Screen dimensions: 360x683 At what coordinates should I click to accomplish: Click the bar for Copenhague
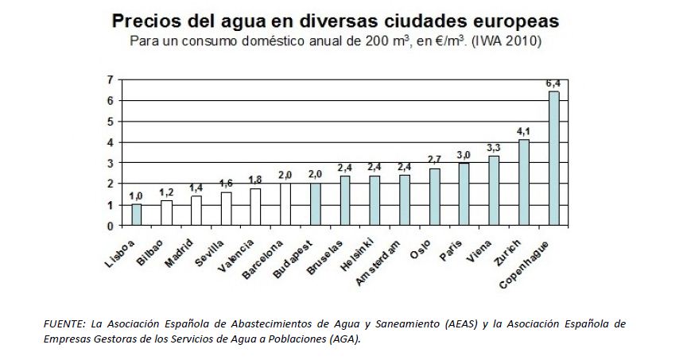pos(554,158)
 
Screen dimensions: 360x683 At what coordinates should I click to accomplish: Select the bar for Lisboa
pos(137,215)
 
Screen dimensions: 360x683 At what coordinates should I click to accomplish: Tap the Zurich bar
pos(524,182)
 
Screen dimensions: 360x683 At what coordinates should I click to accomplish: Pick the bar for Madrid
pos(196,211)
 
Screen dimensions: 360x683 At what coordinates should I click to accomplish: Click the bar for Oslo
pos(435,197)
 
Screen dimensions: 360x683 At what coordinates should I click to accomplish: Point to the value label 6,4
pos(553,83)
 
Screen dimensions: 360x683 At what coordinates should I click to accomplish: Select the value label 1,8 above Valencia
pos(255,180)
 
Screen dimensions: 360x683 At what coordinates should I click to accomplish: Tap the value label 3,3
pos(494,148)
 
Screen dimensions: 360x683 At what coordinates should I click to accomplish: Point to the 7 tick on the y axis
pos(110,80)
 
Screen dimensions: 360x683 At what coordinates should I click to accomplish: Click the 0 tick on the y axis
pos(110,226)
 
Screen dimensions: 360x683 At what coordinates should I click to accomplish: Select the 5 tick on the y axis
pos(110,122)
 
